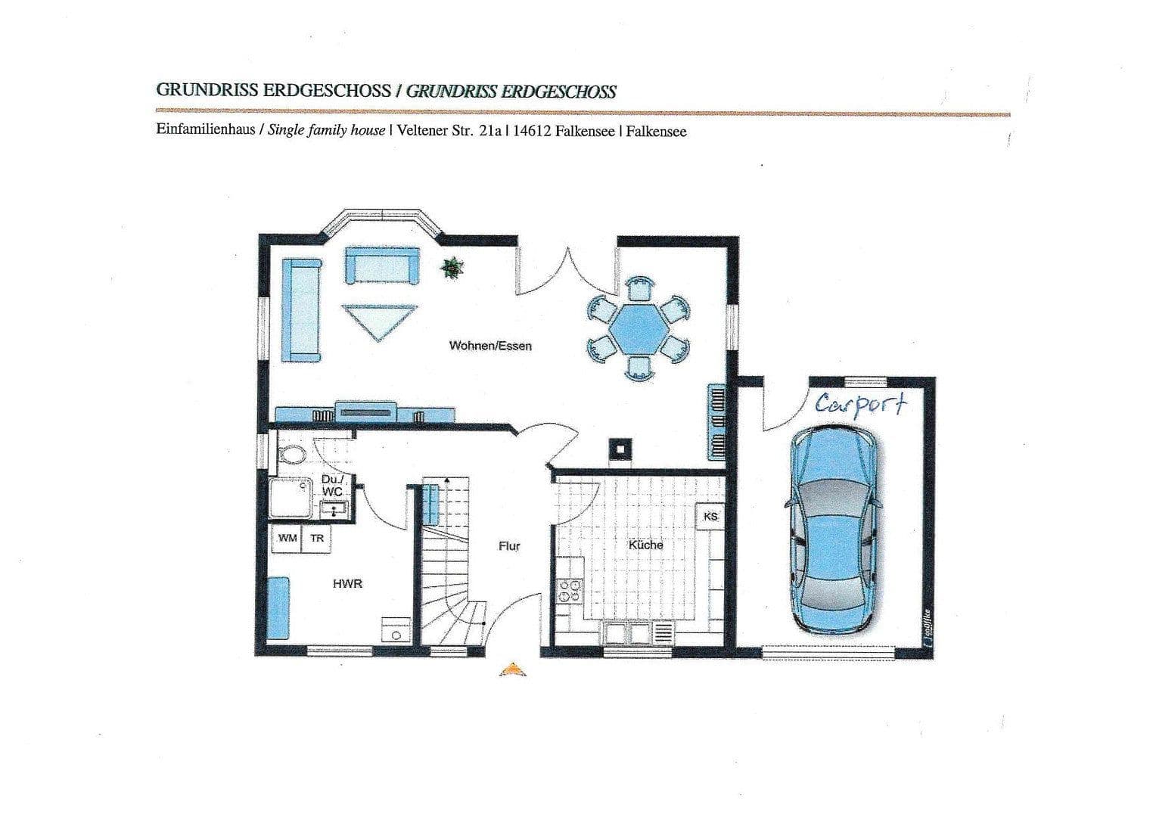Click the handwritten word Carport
(859, 404)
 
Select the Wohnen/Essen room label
(490, 346)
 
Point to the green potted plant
(452, 267)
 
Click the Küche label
(645, 545)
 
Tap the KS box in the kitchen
(710, 516)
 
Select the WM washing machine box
(287, 539)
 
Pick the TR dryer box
(317, 539)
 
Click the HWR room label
(347, 584)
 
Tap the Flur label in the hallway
(509, 546)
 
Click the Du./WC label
(332, 486)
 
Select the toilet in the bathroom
(291, 455)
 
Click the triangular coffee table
(379, 321)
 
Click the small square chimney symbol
(619, 449)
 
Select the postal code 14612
(532, 131)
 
